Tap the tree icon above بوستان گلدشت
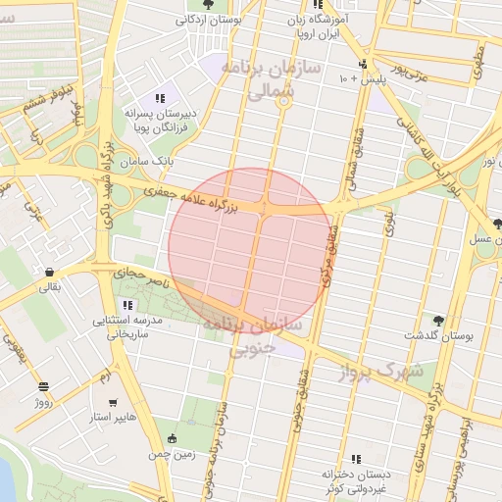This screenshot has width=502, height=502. point(437,320)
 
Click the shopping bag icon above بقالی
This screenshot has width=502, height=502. point(49,272)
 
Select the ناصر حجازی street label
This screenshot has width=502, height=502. point(145,276)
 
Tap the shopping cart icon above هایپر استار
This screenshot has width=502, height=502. point(113,402)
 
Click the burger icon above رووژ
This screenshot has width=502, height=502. point(42,386)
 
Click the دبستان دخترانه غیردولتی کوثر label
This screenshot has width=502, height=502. point(355,480)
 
